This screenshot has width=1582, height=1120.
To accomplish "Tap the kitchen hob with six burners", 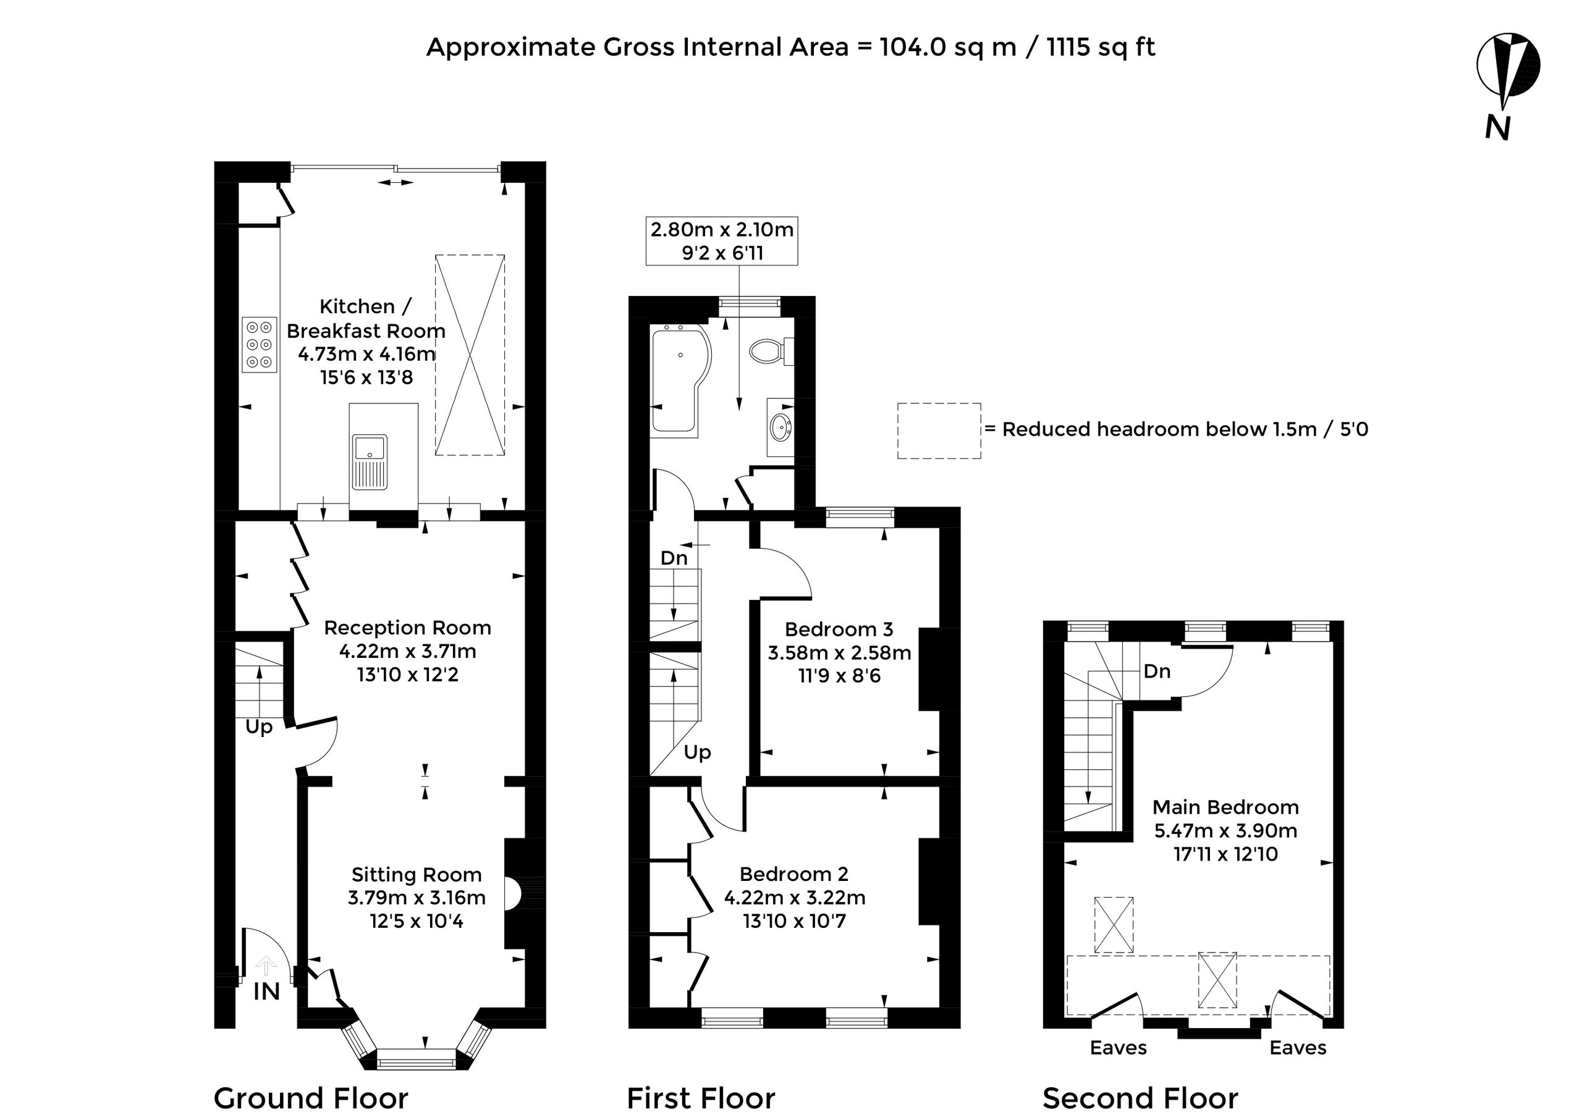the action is point(260,344).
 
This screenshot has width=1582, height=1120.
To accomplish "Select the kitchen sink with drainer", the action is point(370,461).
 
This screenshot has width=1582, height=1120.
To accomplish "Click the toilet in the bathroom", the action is point(771,350).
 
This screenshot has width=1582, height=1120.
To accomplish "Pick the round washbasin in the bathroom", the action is point(781,427).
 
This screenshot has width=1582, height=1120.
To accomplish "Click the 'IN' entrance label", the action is point(266,992).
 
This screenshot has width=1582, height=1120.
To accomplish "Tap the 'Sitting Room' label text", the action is point(417,875).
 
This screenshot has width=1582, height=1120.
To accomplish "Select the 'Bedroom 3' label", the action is point(839,629).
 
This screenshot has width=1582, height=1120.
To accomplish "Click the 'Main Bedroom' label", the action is point(1225,807).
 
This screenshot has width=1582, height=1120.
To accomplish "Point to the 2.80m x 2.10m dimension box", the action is point(722,241).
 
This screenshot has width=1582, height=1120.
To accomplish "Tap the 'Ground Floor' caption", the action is point(311,1098).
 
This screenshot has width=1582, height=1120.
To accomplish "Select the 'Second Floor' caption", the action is point(1140,1098).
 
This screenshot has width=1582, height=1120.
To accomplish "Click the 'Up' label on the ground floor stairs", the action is point(259,728).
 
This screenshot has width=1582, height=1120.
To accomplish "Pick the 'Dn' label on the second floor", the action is point(1157,671).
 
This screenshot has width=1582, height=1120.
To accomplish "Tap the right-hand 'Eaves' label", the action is point(1298,1048).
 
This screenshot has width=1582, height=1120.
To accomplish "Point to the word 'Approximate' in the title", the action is point(511,47).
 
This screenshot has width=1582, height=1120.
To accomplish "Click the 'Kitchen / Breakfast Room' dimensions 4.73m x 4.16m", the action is point(367,354).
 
